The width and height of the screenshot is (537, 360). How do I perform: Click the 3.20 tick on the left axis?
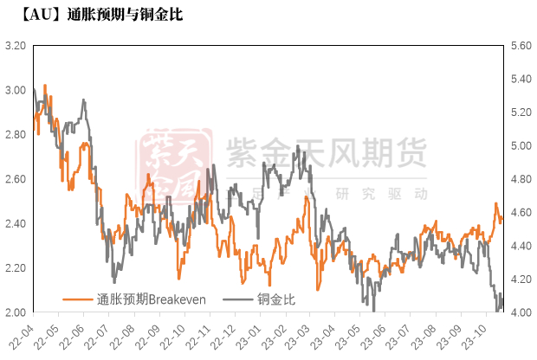tap(15, 45)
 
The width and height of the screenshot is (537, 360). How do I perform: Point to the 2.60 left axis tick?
tap(15, 179)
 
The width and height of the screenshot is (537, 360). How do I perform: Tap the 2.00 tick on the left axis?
tap(15, 312)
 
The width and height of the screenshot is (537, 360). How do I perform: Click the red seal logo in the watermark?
tap(178, 164)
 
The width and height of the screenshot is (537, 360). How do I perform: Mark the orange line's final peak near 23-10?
tap(496, 203)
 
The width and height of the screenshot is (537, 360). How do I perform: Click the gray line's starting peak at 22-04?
tap(34, 89)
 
